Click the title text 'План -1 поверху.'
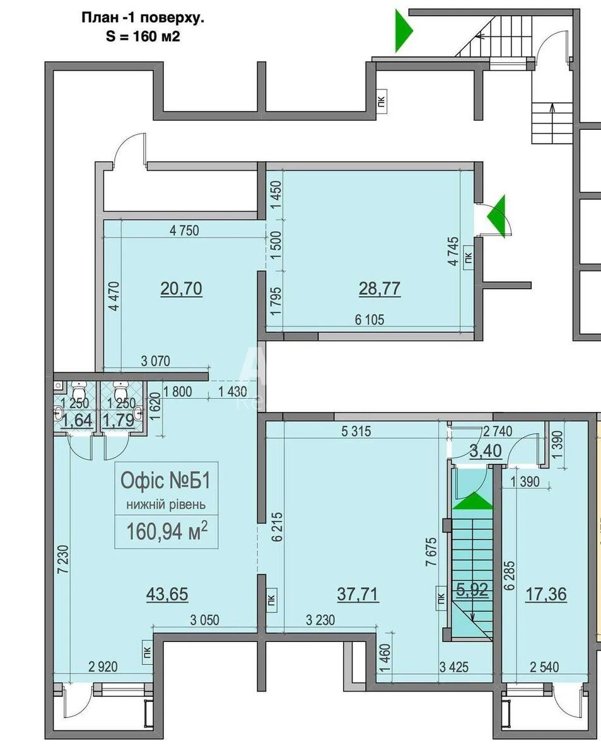click(x=143, y=18)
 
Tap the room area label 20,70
click(x=181, y=289)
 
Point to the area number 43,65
click(x=167, y=593)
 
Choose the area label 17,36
click(x=545, y=593)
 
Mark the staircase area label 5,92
click(x=471, y=591)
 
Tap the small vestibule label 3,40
click(x=486, y=451)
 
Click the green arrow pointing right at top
click(x=403, y=30)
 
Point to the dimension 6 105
click(x=369, y=319)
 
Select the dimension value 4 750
click(x=184, y=231)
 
